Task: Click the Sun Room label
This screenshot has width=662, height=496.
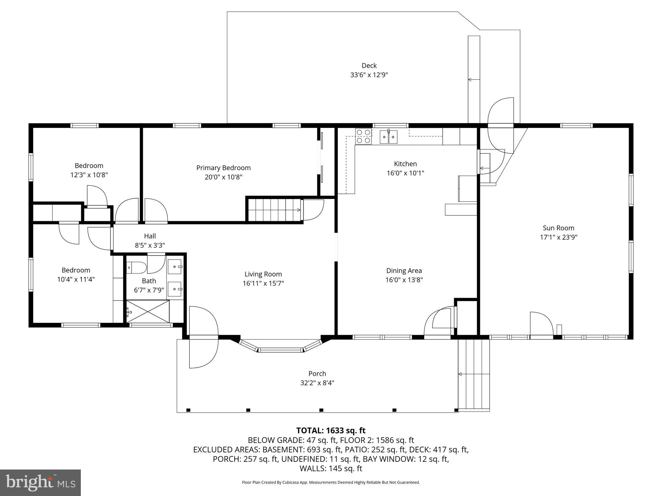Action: point(558,228)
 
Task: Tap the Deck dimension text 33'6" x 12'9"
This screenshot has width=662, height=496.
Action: point(369,75)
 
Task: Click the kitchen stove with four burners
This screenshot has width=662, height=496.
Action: point(363,136)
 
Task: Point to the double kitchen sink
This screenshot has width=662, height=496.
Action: point(388,137)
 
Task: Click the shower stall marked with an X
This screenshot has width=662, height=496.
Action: point(148,311)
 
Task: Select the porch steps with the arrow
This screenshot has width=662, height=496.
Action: point(474,374)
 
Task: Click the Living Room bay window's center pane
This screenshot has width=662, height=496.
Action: point(281,350)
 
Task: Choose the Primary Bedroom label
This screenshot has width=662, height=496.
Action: point(223,168)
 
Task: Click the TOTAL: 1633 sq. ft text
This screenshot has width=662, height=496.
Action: point(331,430)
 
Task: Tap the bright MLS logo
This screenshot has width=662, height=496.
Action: point(40,482)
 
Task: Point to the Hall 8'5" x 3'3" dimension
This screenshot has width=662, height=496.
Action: point(150,245)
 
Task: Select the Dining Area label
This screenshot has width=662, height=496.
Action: point(404,271)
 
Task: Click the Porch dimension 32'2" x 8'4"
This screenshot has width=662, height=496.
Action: point(317,383)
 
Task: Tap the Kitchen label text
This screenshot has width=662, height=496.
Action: point(405,164)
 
